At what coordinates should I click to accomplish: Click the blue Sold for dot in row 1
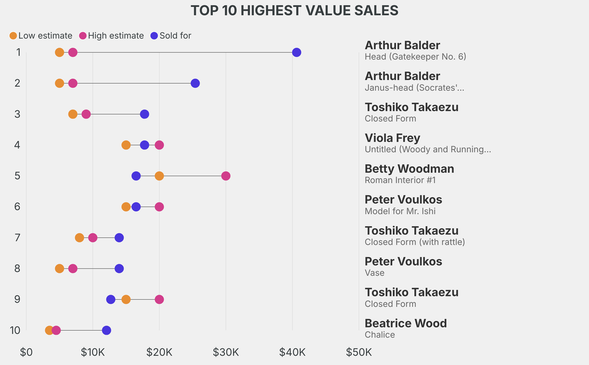click(296, 52)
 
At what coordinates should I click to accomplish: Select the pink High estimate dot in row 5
click(225, 176)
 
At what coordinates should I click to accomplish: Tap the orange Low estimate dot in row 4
click(126, 145)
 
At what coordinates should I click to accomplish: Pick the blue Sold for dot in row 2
click(195, 83)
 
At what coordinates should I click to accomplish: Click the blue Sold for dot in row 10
click(106, 330)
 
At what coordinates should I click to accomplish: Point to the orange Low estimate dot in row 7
click(79, 238)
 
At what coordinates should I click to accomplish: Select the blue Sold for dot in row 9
click(110, 299)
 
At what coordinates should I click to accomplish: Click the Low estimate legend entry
click(41, 36)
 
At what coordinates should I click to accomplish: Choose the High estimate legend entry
click(111, 36)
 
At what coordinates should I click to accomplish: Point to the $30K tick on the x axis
click(225, 352)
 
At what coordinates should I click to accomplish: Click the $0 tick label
click(26, 352)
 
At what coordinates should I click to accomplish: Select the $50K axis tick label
click(358, 352)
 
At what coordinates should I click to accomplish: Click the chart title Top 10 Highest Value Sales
click(294, 10)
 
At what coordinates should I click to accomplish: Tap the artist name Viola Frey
click(392, 138)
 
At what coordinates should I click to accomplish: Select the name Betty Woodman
click(409, 169)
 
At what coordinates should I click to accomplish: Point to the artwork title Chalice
click(380, 334)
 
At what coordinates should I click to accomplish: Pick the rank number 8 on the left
click(17, 268)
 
